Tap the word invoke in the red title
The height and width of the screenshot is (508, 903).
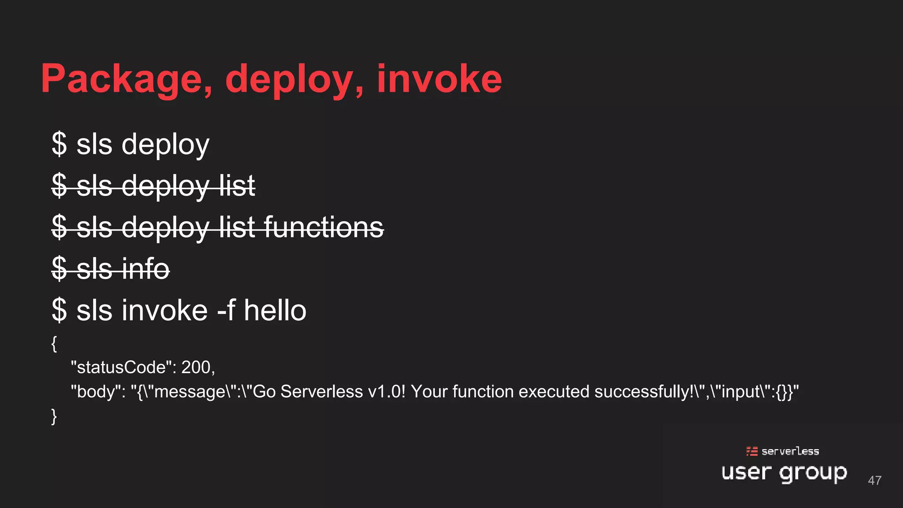pyautogui.click(x=439, y=79)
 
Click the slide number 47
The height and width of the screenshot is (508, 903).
pyautogui.click(x=875, y=480)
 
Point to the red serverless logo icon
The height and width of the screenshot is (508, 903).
pyautogui.click(x=752, y=451)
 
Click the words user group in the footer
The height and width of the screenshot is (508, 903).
pyautogui.click(x=784, y=473)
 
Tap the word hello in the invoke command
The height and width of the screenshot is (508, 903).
pyautogui.click(x=275, y=310)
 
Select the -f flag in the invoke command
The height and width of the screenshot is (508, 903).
pyautogui.click(x=226, y=310)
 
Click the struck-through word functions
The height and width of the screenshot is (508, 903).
pyautogui.click(x=324, y=227)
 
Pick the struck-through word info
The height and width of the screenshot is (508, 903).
pyautogui.click(x=146, y=269)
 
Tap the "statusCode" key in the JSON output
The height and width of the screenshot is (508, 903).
pyautogui.click(x=123, y=367)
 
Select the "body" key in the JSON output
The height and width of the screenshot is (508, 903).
pyautogui.click(x=98, y=392)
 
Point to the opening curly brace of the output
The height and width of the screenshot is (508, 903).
pyautogui.click(x=54, y=344)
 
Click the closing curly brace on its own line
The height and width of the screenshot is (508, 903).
pyautogui.click(x=54, y=416)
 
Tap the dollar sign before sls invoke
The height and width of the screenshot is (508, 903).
pyautogui.click(x=59, y=310)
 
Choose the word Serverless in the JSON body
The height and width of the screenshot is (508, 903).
pyautogui.click(x=321, y=392)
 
